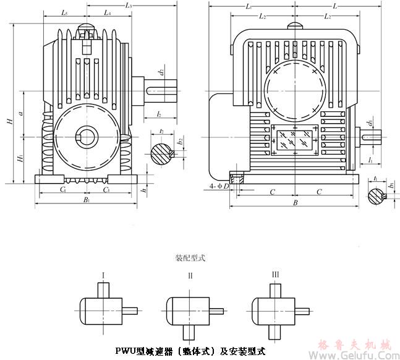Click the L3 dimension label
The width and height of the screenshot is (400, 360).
(127, 5)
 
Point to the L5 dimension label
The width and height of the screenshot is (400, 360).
(66, 13)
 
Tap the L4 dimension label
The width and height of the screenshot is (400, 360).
(108, 13)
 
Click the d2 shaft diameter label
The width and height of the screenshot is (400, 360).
(161, 72)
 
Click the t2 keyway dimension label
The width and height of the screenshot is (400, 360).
(161, 131)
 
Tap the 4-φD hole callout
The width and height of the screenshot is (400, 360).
(218, 185)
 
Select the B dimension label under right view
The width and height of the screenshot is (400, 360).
(296, 202)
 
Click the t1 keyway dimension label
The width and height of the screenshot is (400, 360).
(376, 178)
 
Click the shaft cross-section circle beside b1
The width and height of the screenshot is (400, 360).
(377, 196)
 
